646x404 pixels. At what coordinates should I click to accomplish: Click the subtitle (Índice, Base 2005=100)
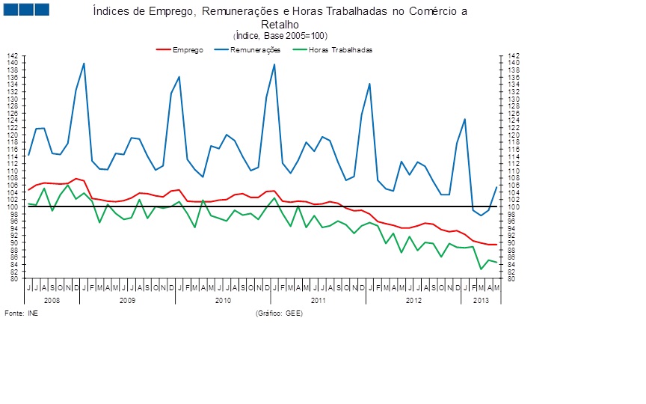tap(280, 36)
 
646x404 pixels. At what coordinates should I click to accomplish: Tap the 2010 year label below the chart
tap(223, 299)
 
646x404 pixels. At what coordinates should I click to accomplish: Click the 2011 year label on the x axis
tap(318, 299)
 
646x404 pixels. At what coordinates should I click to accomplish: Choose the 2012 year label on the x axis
tap(414, 299)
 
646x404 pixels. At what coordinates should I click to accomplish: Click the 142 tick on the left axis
tap(12, 56)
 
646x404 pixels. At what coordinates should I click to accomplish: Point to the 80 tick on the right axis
tap(511, 279)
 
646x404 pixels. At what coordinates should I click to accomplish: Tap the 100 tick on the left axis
tap(12, 207)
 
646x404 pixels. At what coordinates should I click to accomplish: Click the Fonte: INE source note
tap(22, 313)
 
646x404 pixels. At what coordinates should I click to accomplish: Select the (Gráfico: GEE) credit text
tap(279, 313)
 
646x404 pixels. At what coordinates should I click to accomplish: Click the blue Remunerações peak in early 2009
tap(83, 64)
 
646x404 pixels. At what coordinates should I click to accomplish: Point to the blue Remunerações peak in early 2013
tap(465, 119)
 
